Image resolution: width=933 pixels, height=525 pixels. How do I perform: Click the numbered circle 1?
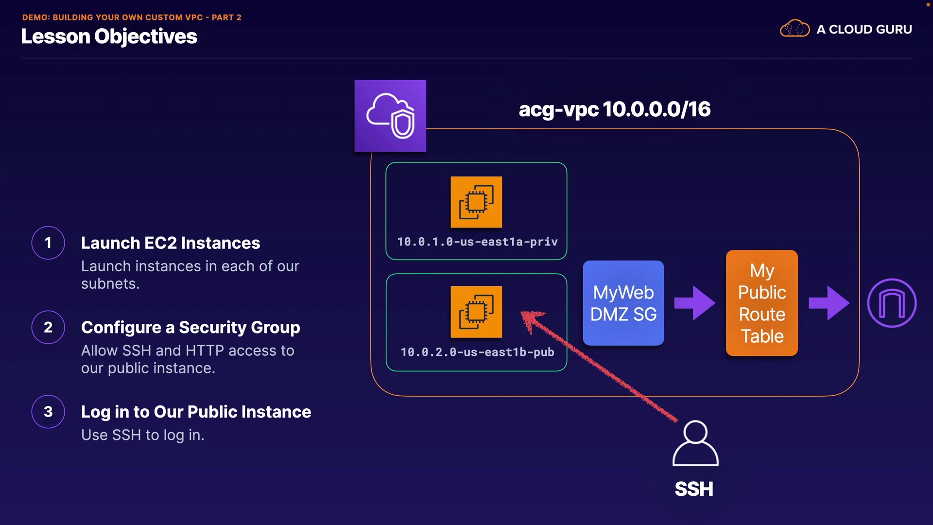[x=48, y=243]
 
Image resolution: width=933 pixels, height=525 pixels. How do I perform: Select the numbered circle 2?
[x=48, y=327]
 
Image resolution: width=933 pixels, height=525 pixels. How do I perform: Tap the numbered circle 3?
[x=48, y=412]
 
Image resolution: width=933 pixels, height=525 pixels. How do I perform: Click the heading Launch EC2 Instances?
[x=171, y=243]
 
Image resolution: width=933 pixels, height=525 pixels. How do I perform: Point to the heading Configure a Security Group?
[x=190, y=328]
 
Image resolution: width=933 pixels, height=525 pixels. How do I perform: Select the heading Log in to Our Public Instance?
[x=196, y=412]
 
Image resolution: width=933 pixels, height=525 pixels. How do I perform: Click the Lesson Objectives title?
[x=109, y=36]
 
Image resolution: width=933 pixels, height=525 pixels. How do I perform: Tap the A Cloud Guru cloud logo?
[x=795, y=29]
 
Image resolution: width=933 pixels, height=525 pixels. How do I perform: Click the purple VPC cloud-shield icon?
[x=390, y=116]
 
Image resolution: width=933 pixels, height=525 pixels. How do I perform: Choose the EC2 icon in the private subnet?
[x=476, y=202]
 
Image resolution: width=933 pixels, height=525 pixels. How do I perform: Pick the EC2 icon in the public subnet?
[x=476, y=312]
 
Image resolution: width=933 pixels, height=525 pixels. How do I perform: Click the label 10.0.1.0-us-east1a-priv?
[x=477, y=242]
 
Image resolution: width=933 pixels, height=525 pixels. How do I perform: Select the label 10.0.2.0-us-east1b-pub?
[x=477, y=352]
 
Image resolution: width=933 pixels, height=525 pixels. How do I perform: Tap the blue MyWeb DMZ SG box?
[x=623, y=303]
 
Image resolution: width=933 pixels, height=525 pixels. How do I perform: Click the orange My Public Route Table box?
[x=762, y=303]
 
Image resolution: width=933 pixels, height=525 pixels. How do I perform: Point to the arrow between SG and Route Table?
[x=695, y=303]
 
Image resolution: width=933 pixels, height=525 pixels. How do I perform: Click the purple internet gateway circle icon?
[x=892, y=303]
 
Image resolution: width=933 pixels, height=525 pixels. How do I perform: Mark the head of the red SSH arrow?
[x=523, y=313]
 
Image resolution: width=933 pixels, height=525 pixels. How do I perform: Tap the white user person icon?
[x=695, y=443]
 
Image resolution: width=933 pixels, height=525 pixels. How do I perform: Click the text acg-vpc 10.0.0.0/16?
[x=615, y=109]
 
